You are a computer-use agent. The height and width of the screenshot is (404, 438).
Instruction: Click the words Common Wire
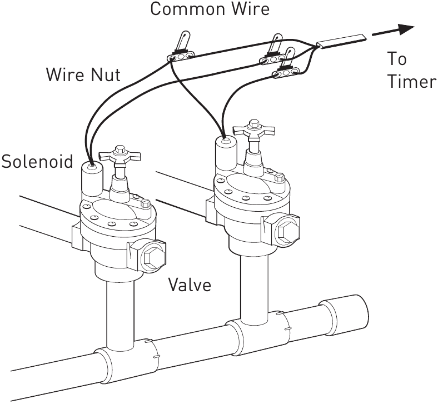210,9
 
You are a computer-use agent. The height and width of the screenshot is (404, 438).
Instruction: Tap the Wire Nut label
83,74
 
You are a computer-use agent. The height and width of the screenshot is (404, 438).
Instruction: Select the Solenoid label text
37,162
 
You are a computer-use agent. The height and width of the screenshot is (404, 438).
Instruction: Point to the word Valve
190,286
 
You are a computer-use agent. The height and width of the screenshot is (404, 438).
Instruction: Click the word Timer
412,82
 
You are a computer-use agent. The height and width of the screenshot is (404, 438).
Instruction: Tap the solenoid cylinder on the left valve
92,177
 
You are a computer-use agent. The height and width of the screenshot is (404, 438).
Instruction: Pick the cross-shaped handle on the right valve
254,131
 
